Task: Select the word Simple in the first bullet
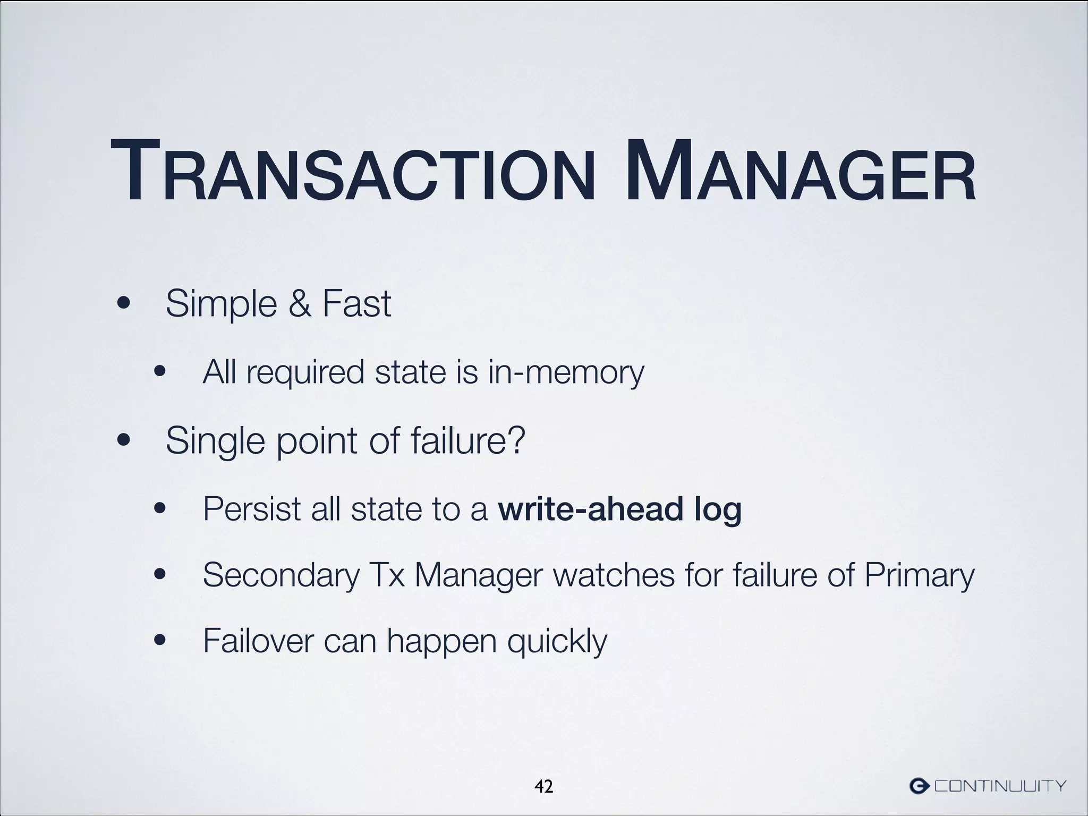click(x=221, y=304)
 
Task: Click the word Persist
click(x=252, y=509)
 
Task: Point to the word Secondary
click(x=282, y=575)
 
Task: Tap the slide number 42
click(x=543, y=786)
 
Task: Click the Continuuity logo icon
click(x=920, y=785)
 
